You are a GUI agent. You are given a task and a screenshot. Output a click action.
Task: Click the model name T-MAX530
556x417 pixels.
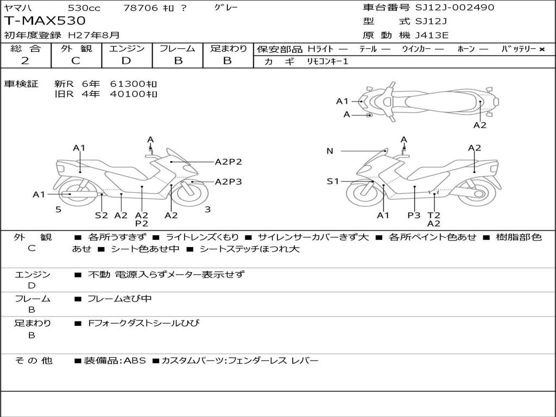coord(45,21)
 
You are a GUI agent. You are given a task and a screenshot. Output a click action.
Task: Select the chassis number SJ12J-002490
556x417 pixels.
coord(454,8)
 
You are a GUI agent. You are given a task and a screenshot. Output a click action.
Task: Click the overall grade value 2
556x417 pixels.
coord(25,61)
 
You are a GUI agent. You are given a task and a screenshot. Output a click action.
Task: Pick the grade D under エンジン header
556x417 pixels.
coord(126,61)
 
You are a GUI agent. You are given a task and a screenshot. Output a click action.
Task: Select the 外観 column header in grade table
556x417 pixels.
coord(75,48)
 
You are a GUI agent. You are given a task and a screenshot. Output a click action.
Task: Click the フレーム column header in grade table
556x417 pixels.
coord(178,48)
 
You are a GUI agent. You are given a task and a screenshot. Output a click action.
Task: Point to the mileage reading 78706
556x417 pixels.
coord(141,8)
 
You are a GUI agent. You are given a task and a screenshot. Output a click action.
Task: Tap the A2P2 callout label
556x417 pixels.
coord(228,161)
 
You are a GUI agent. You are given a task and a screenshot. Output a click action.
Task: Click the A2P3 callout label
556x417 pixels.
coord(228,181)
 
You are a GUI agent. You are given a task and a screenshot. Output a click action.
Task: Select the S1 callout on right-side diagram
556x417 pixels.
coord(332,181)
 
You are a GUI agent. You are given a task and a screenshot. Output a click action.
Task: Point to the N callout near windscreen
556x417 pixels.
coord(330,151)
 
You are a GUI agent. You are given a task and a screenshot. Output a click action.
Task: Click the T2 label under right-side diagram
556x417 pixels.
coord(434,215)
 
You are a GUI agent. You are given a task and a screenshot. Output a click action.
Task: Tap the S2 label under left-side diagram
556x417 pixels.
coord(102,215)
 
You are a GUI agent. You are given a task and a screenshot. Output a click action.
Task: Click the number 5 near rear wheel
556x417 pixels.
coord(58,209)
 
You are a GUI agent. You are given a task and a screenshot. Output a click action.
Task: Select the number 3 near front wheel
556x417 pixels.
coord(207,209)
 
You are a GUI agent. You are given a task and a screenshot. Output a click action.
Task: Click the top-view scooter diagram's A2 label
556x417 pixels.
coord(479,125)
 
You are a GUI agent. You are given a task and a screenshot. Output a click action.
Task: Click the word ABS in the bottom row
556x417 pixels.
coord(135,361)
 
